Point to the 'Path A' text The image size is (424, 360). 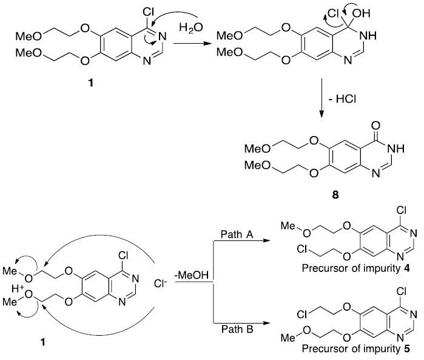coord(238,233)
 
